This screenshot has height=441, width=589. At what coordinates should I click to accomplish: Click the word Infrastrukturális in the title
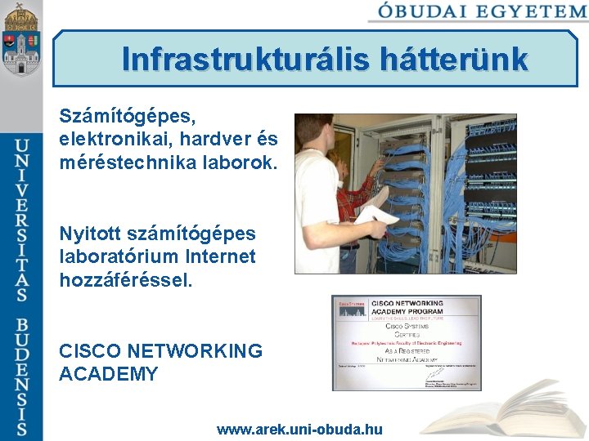[x=246, y=60]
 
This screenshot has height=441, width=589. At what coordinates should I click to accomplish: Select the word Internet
[x=224, y=256]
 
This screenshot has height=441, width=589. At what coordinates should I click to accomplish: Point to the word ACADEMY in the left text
[x=109, y=374]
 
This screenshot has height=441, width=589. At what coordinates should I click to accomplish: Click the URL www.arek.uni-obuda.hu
[x=299, y=429]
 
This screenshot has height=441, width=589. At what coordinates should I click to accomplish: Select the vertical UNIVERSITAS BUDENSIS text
[x=22, y=286]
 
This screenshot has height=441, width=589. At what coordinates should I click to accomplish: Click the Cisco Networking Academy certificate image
[x=406, y=343]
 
